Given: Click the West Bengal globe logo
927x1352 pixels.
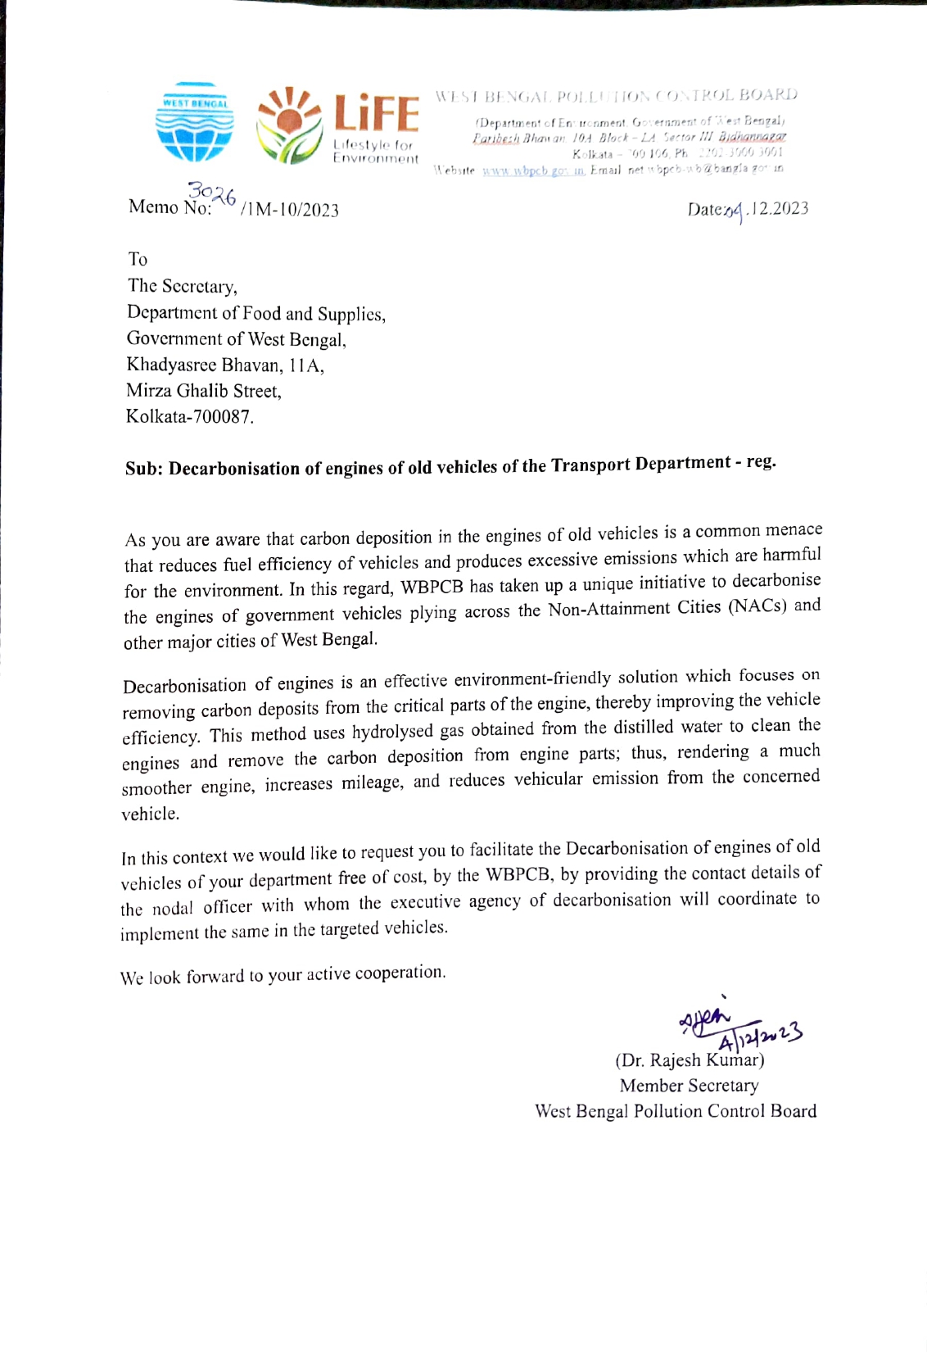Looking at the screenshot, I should pos(194,122).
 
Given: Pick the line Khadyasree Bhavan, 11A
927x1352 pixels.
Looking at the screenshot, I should pos(225,365).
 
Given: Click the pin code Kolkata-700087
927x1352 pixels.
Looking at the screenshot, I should pos(189,416).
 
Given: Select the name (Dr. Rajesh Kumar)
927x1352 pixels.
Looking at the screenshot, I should pos(690,1060).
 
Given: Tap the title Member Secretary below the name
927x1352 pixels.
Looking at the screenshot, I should pos(689,1086).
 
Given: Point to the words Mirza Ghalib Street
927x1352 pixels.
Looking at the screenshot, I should pos(204,391).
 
